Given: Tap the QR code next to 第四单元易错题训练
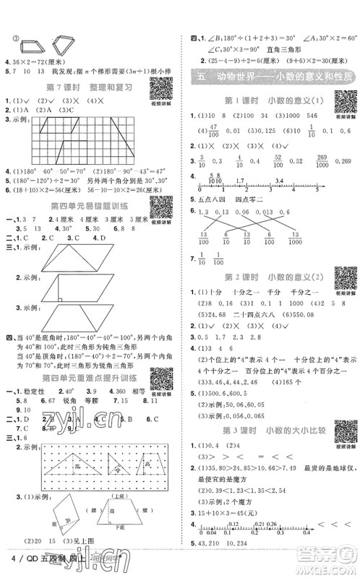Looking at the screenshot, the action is [x=162, y=210].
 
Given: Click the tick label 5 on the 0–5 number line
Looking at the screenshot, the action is [x=317, y=194].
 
